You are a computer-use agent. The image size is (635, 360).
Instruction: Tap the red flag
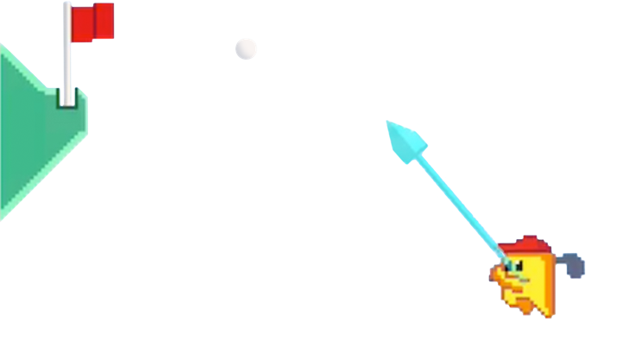[x=92, y=22]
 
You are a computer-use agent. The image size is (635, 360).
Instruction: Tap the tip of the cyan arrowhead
[x=387, y=122]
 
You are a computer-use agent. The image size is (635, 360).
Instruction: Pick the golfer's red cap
[x=523, y=247]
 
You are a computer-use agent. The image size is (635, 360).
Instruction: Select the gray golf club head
[x=575, y=266]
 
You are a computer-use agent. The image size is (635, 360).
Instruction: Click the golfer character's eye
[x=514, y=266]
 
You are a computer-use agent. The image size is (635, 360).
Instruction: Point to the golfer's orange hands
[x=499, y=275]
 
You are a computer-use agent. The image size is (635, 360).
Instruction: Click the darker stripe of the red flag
[x=104, y=22]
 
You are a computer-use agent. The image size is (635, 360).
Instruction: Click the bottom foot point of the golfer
[x=550, y=314]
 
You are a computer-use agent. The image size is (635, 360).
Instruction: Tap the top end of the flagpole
[x=67, y=5]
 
